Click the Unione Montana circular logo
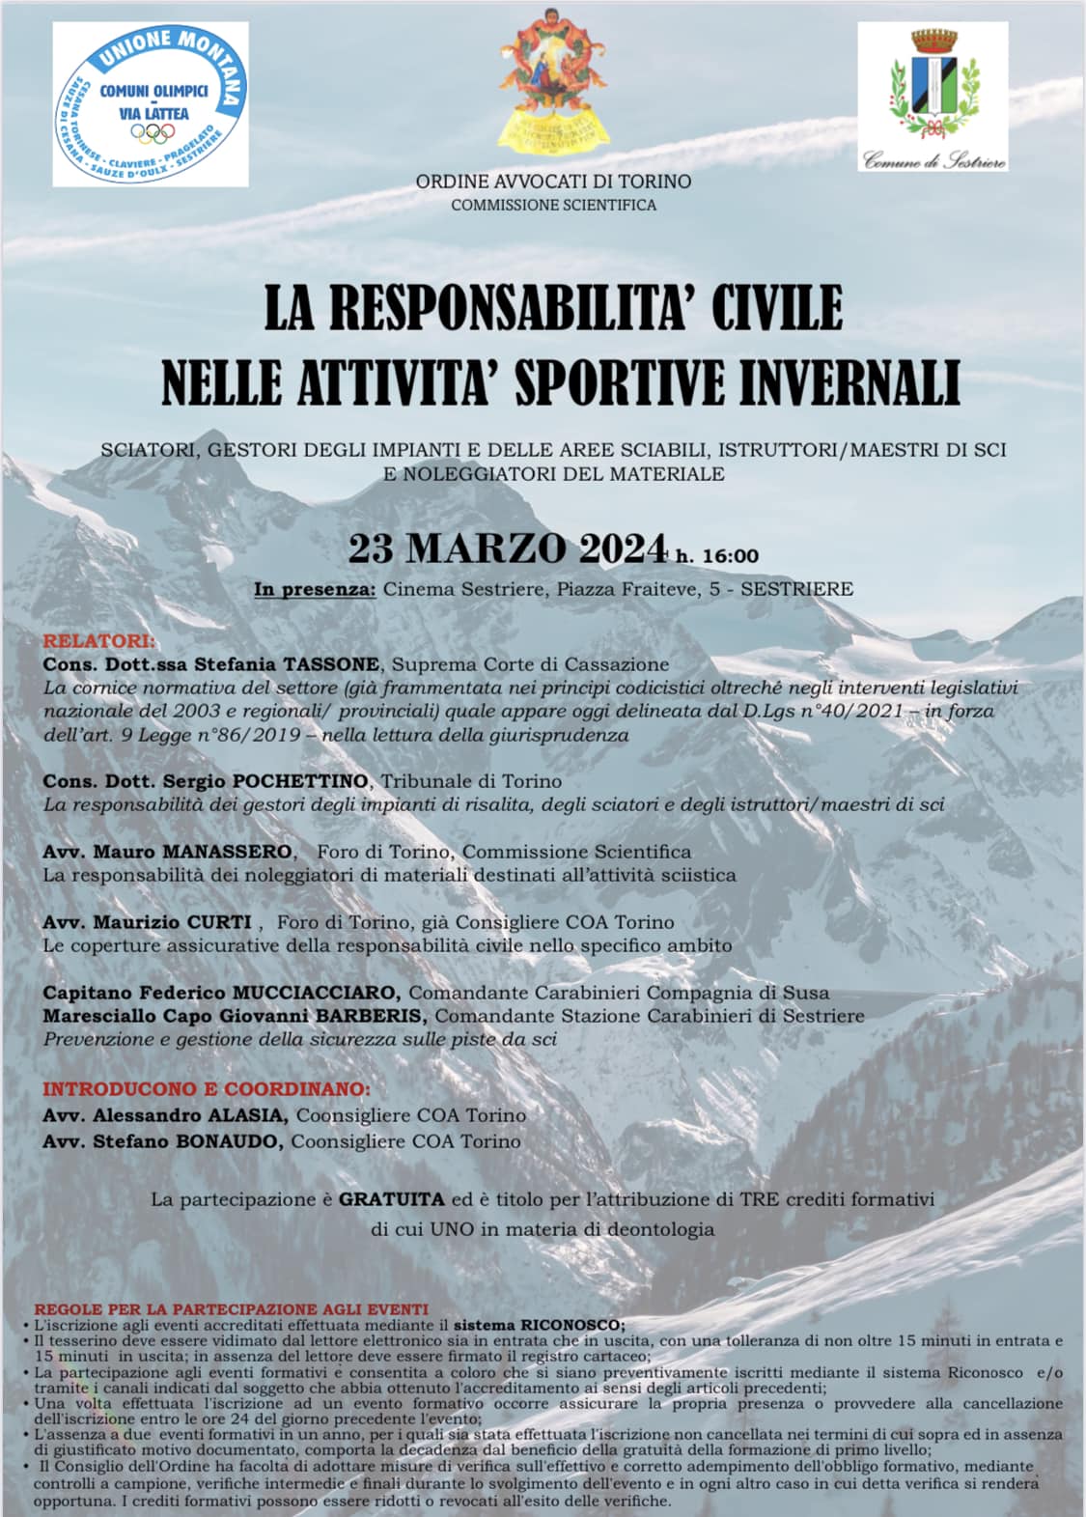tap(150, 104)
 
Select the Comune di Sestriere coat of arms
tap(933, 83)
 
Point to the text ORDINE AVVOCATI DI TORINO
tap(553, 182)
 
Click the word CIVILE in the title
tap(776, 307)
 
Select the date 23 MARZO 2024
tap(507, 548)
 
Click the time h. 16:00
tap(717, 555)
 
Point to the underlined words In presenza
tap(315, 589)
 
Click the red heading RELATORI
tap(97, 641)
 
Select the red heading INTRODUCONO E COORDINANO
tap(206, 1089)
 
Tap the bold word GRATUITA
tap(391, 1200)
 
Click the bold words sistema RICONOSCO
tap(539, 1325)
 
